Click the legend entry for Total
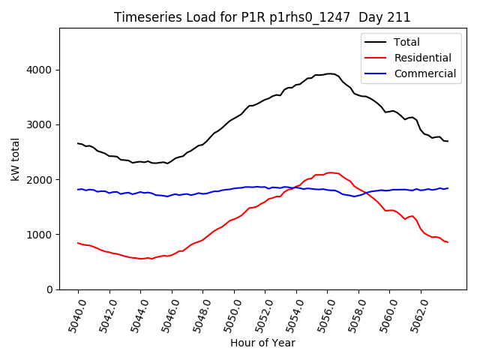[406, 42]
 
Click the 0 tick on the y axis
[50, 289]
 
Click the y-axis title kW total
[16, 159]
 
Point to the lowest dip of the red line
[142, 259]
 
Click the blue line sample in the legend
[376, 73]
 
